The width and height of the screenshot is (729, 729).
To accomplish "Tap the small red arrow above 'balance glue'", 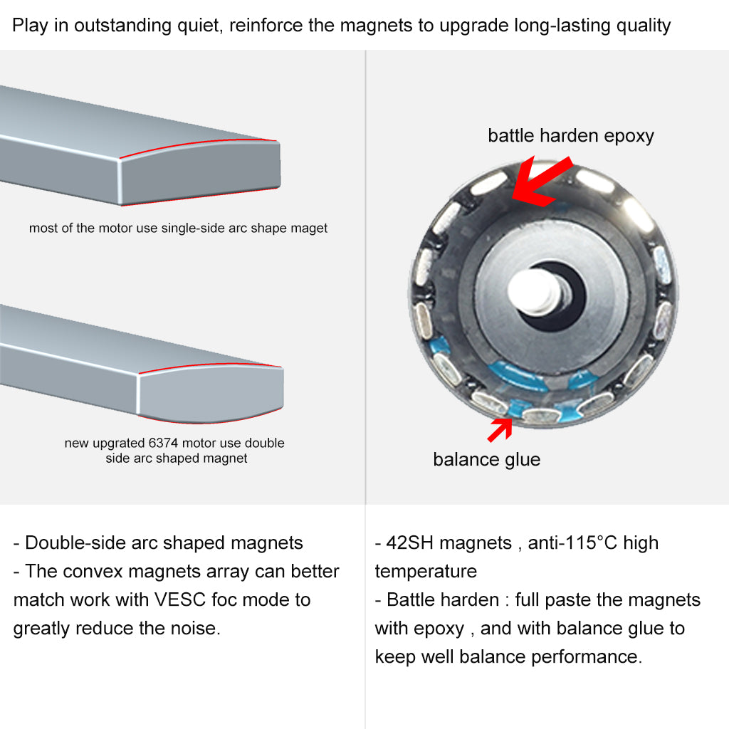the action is coord(500,429).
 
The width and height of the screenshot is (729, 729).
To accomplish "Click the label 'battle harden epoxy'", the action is coord(571,136).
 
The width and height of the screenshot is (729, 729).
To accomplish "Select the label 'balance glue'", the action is coord(487,459).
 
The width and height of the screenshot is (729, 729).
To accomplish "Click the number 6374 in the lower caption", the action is coord(164,443).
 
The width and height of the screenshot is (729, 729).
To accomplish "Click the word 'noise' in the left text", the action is coord(195,629).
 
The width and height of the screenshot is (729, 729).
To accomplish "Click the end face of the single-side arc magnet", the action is coord(200,173).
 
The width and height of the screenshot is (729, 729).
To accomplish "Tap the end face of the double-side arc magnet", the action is coord(211,393).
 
